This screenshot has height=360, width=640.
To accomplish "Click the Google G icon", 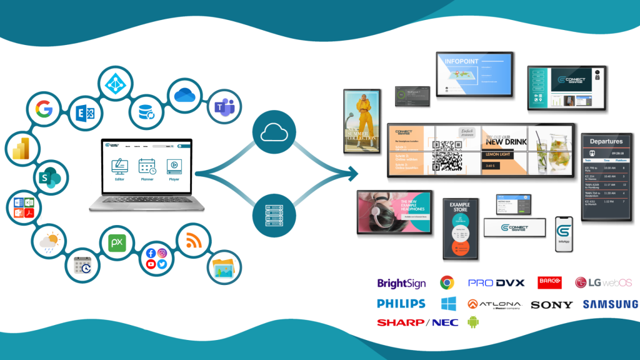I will click(44, 111).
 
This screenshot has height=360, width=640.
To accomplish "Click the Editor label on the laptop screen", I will click(119, 179).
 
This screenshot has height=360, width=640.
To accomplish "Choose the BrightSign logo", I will click(401, 283).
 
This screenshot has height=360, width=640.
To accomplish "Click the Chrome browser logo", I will click(446, 282).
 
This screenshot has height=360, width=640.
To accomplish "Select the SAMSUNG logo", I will click(610, 304).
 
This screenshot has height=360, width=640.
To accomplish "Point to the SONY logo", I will click(551, 305).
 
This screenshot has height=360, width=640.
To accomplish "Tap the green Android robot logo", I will click(472, 322).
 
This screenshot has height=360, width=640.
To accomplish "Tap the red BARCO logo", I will click(549, 282).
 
